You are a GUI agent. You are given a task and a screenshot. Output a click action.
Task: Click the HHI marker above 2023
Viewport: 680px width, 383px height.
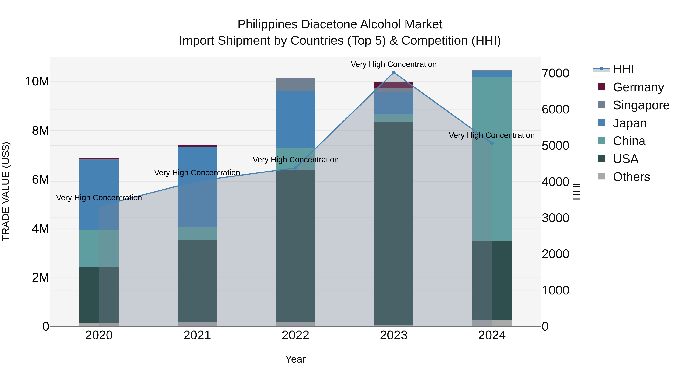pyautogui.click(x=394, y=72)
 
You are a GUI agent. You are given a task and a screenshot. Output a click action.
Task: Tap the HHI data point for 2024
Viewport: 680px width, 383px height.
pyautogui.click(x=492, y=143)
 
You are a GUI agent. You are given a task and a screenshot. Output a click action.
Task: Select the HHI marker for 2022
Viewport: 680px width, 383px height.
pyautogui.click(x=295, y=168)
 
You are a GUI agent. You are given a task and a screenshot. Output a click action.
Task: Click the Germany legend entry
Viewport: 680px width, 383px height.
pyautogui.click(x=638, y=87)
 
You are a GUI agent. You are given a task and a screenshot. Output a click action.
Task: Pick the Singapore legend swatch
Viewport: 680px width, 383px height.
pyautogui.click(x=602, y=105)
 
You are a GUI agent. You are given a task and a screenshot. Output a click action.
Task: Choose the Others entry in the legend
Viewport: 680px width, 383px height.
pyautogui.click(x=631, y=177)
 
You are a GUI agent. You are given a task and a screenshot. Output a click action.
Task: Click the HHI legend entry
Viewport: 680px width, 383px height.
pyautogui.click(x=623, y=69)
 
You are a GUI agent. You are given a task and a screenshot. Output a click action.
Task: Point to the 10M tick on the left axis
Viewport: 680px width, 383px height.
pyautogui.click(x=37, y=81)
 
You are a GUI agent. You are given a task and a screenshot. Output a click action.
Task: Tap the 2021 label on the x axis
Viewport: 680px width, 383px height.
pyautogui.click(x=197, y=335)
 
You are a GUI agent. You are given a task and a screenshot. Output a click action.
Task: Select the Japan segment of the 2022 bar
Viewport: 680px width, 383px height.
pyautogui.click(x=295, y=119)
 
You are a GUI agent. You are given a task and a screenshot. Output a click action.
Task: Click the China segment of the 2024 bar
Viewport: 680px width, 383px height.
pyautogui.click(x=492, y=159)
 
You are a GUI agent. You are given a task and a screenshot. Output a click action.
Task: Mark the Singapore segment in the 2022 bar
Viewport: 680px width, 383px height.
pyautogui.click(x=295, y=85)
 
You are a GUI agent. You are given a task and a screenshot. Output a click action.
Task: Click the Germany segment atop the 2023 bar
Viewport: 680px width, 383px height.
pyautogui.click(x=394, y=85)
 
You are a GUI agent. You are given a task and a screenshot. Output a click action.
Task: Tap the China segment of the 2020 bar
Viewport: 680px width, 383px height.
pyautogui.click(x=99, y=249)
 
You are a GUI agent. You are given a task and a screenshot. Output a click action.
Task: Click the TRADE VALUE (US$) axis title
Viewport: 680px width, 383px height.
pyautogui.click(x=6, y=191)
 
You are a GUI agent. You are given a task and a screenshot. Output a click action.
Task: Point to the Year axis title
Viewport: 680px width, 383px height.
pyautogui.click(x=295, y=359)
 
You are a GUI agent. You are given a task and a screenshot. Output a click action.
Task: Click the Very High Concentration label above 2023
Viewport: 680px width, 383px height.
pyautogui.click(x=394, y=64)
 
